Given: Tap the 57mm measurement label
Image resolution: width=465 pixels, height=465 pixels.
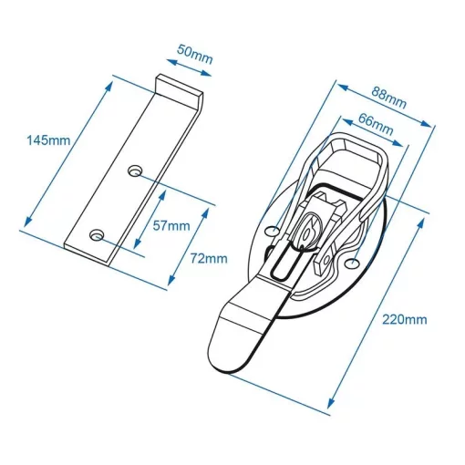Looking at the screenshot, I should (173, 226).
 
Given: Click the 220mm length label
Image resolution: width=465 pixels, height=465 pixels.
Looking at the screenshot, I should (405, 319).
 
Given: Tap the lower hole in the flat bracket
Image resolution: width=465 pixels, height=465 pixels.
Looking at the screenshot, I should (98, 234).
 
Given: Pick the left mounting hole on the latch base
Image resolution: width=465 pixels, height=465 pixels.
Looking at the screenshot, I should (272, 232).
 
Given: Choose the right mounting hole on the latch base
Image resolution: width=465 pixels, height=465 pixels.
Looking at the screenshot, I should (352, 264).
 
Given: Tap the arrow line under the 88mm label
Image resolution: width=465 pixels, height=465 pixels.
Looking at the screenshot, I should (383, 111).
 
